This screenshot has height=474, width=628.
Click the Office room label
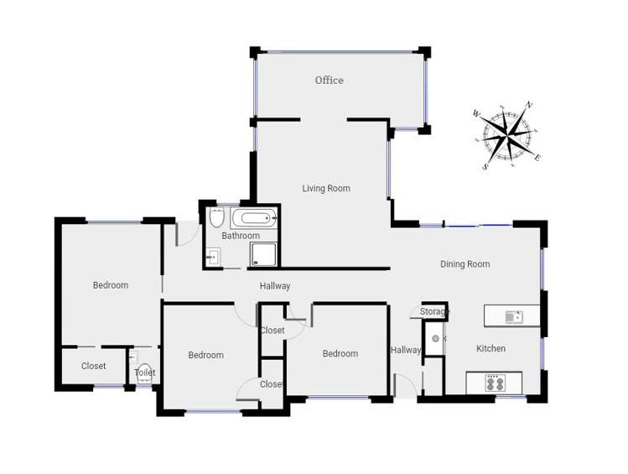tap(329, 81)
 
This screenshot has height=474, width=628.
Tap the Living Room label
tap(326, 189)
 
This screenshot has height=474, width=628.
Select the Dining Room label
tap(465, 264)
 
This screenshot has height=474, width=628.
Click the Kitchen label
tap(490, 349)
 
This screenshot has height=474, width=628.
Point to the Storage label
tap(434, 312)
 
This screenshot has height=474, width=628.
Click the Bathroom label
tap(241, 236)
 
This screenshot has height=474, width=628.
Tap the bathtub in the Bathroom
tap(253, 219)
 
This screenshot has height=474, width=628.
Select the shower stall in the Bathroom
tap(263, 255)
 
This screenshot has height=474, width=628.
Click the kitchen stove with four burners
tap(495, 383)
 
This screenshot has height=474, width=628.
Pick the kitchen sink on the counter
tap(513, 316)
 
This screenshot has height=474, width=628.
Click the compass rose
tap(507, 135)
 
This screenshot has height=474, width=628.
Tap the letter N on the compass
tap(528, 106)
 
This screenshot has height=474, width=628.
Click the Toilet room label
tap(144, 372)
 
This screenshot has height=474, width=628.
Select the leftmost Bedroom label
tap(111, 285)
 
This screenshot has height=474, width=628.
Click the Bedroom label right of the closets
tap(340, 354)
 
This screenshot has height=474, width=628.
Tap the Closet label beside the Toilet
tap(94, 367)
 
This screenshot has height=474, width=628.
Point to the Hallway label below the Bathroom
tap(275, 286)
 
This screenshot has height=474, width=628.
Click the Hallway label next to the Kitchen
tap(406, 351)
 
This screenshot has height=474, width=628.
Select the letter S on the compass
tap(485, 167)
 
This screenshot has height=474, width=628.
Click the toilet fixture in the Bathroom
tap(217, 218)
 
